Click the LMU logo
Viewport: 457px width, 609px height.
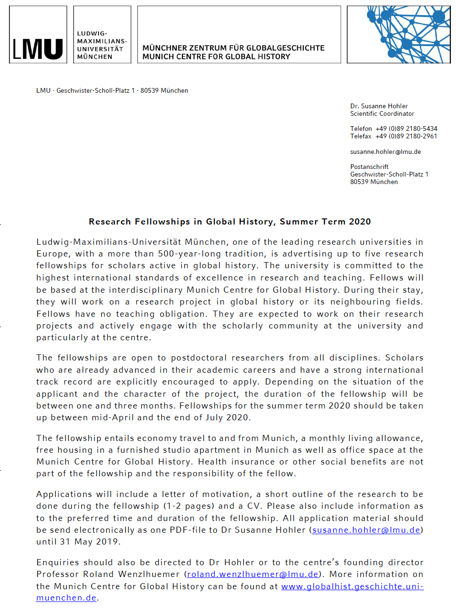click(x=38, y=48)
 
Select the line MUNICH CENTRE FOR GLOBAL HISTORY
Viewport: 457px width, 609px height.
click(x=216, y=57)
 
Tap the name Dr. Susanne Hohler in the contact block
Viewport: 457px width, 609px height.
click(x=379, y=106)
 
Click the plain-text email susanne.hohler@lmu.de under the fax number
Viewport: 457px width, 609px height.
click(x=385, y=152)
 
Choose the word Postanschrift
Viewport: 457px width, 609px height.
click(x=369, y=167)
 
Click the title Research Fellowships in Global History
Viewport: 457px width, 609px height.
click(x=229, y=222)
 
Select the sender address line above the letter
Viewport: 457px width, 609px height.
click(x=112, y=91)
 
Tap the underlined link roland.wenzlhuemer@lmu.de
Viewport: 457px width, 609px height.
click(x=253, y=575)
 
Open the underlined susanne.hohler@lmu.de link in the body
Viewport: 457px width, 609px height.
click(x=366, y=530)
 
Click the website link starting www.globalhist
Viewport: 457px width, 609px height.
click(x=352, y=587)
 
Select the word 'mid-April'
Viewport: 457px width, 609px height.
click(x=115, y=418)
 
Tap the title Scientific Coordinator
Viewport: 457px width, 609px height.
click(x=382, y=114)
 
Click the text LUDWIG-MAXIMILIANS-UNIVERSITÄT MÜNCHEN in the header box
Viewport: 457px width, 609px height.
click(x=101, y=45)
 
